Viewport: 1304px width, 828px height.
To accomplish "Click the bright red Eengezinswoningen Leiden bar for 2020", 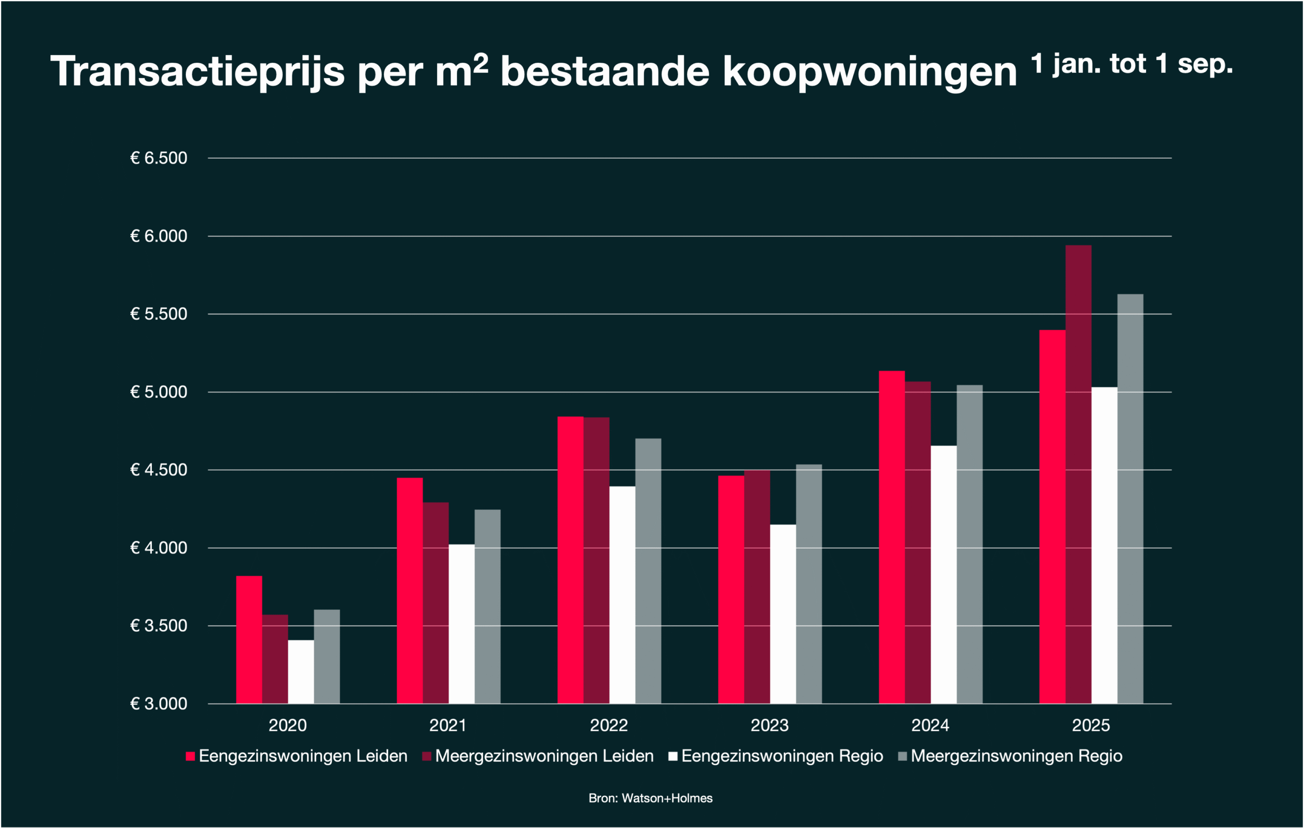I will [249, 639].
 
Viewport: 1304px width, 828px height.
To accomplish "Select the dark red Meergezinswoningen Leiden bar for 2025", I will [1078, 474].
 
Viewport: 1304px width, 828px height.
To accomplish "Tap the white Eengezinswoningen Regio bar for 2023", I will [782, 613].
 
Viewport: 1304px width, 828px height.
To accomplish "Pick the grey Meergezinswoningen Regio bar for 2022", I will [648, 571].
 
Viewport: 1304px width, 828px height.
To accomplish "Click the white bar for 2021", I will [461, 624].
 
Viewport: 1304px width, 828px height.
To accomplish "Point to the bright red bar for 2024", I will [891, 537].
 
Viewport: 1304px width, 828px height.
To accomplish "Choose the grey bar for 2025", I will [1130, 499].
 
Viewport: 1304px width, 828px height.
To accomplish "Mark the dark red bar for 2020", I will [275, 659].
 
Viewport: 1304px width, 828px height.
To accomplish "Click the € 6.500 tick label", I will [158, 158].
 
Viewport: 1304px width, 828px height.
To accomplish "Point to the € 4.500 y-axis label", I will [158, 470].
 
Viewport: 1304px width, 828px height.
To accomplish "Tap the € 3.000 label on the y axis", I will [158, 704].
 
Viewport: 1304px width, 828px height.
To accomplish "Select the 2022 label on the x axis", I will [609, 726].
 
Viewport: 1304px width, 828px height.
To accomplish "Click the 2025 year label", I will [1091, 726].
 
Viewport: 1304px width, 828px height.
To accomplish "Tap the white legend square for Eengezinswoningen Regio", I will [673, 757].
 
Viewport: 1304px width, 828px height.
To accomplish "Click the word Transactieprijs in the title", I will [197, 71].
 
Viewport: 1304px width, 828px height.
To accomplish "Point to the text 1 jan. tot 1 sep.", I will [1131, 64].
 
